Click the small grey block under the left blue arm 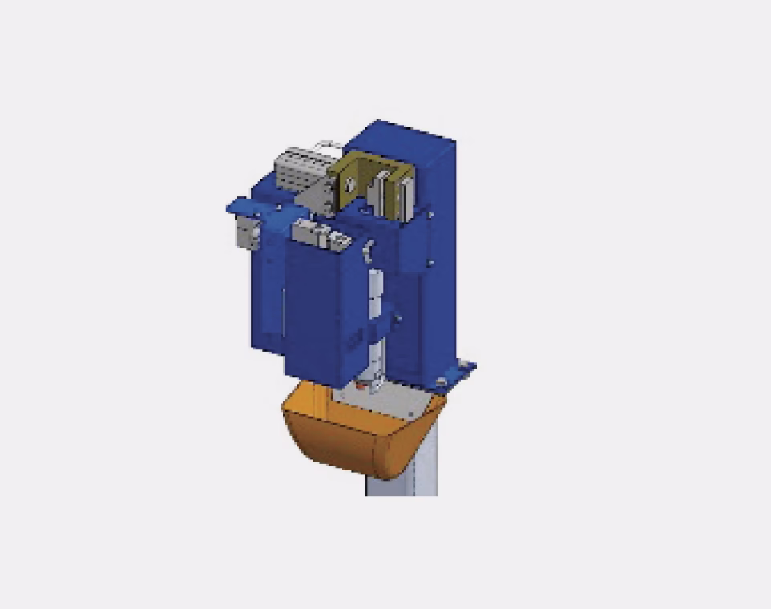244,233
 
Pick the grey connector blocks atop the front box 317,234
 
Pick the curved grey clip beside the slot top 367,252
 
